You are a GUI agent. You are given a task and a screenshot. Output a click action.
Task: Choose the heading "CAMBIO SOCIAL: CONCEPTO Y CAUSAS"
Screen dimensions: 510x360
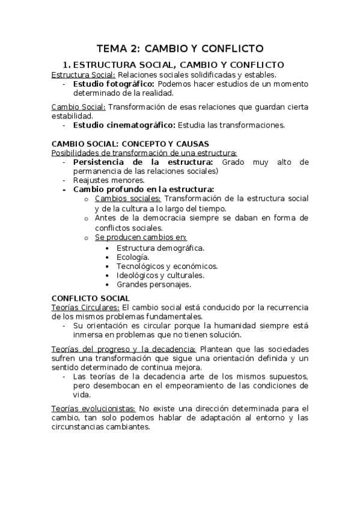130,144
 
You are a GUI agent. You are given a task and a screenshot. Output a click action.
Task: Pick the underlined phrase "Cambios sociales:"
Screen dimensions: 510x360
128,198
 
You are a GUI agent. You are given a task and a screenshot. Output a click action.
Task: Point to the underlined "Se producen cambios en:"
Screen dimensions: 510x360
141,238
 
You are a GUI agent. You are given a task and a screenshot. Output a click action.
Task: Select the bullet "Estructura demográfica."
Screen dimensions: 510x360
160,248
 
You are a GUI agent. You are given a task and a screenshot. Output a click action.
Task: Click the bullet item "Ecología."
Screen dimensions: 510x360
133,257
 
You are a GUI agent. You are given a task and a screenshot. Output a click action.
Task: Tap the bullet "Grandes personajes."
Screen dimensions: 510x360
154,284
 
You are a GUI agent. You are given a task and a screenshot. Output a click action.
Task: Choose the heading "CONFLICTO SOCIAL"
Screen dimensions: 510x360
91,298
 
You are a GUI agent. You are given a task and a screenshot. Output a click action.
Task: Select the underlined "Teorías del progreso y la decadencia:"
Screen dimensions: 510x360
124,349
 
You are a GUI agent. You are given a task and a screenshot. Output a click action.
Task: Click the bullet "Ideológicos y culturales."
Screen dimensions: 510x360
160,275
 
